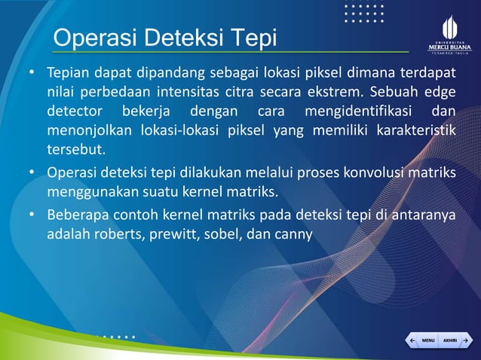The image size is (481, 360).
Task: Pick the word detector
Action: click(73, 113)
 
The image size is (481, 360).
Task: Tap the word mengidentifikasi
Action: click(357, 113)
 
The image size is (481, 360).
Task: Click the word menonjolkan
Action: click(90, 131)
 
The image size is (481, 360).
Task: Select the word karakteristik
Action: click(416, 131)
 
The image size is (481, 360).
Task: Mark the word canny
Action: click(292, 233)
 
